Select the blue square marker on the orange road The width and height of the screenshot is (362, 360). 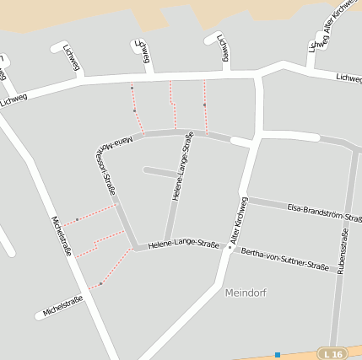click(x=278, y=355)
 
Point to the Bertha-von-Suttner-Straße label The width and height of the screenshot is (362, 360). click(x=284, y=259)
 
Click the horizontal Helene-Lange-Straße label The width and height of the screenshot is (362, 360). click(x=183, y=245)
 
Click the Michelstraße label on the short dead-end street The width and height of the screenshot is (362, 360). click(x=62, y=306)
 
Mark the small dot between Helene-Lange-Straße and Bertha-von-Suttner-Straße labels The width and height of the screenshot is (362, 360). click(x=230, y=247)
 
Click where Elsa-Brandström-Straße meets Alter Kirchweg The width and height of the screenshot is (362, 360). click(x=247, y=201)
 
